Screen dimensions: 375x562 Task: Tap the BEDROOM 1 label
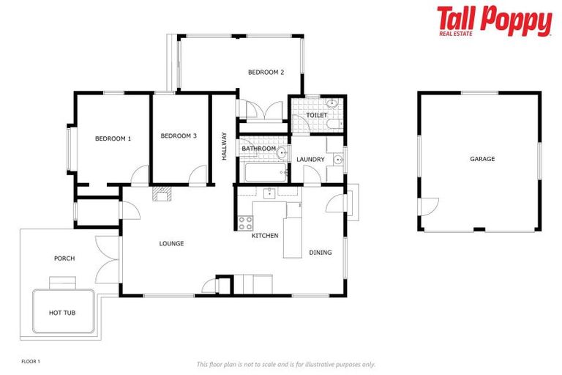113,138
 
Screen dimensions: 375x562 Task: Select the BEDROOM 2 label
266,72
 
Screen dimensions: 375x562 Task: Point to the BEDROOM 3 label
179,135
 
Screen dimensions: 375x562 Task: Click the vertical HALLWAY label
224,146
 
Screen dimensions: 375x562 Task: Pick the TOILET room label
317,115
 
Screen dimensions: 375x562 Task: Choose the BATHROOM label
259,149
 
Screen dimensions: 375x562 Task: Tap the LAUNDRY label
310,159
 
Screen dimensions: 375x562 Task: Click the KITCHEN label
265,236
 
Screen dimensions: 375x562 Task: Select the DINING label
321,253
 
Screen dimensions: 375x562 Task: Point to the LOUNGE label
171,243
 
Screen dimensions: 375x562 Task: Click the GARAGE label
482,159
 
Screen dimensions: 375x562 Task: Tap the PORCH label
64,258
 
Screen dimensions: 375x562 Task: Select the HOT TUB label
62,313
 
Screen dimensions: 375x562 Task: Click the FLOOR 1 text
30,361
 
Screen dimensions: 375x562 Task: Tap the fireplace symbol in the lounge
161,193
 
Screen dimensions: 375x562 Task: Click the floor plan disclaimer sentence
285,364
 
